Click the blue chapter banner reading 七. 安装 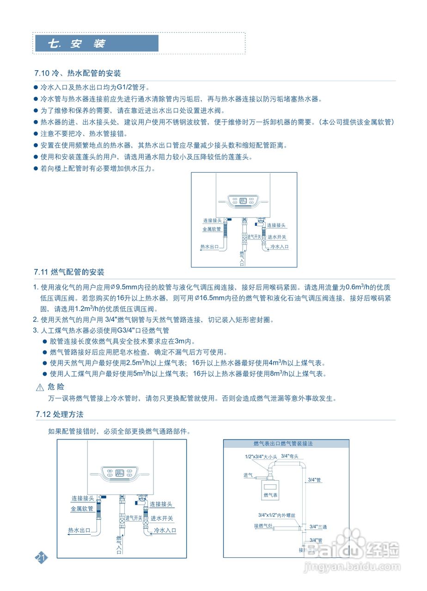point(97,43)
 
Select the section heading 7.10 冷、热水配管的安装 point(78,73)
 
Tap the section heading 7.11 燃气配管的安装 point(69,272)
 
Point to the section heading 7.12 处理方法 point(59,414)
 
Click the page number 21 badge point(41,557)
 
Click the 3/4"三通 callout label point(318,527)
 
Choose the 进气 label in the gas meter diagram point(248,475)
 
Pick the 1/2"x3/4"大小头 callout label point(261,457)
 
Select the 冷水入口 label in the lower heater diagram point(165,531)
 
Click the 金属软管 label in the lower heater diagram point(82,509)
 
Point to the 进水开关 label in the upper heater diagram point(277,237)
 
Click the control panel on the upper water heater point(243,201)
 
